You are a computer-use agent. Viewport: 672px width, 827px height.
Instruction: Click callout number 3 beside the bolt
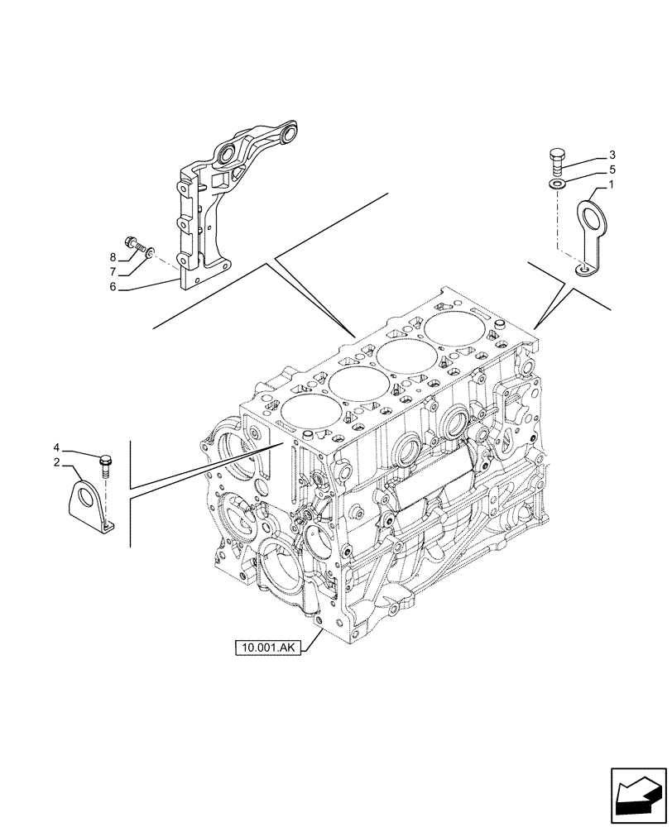coord(612,155)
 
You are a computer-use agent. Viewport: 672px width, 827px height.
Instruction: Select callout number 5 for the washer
coord(612,170)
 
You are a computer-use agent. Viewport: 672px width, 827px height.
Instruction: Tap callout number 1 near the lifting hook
coord(612,185)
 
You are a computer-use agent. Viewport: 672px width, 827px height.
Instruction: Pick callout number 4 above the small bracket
coord(56,448)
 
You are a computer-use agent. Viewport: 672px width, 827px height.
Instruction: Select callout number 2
coord(56,462)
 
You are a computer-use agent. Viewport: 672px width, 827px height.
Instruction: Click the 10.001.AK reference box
coord(269,649)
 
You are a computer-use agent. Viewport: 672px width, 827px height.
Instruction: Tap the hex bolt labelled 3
coord(558,160)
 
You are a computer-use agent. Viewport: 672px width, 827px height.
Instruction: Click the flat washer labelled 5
coord(558,184)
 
